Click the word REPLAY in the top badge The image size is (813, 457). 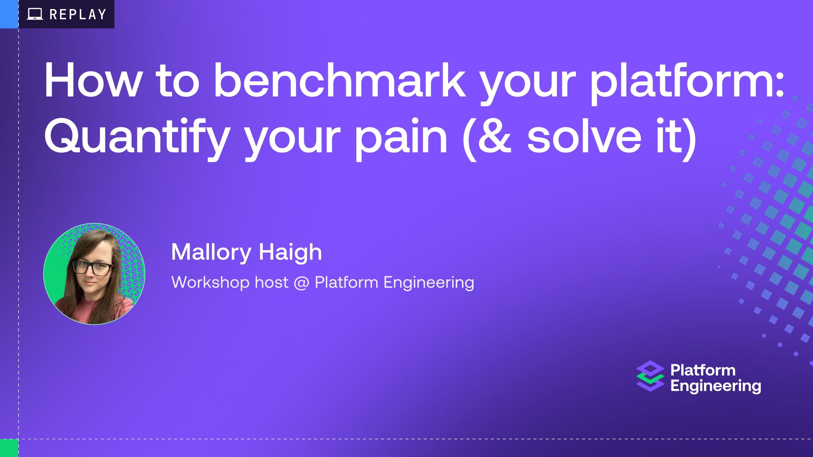tap(78, 14)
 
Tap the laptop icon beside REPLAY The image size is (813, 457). tap(35, 14)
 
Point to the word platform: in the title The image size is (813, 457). tap(687, 84)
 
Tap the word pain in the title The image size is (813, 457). tap(401, 139)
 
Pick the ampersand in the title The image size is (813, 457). tap(495, 136)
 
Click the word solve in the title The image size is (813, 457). tap(584, 136)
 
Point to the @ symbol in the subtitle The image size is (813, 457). tap(301, 283)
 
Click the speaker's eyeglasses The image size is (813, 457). tap(93, 268)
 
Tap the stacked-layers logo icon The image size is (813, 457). tap(650, 376)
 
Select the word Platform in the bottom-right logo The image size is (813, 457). tap(703, 370)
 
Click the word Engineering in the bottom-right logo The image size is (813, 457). tap(716, 386)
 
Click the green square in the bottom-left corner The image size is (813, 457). tap(9, 448)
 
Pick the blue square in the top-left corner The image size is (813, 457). tap(9, 14)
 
